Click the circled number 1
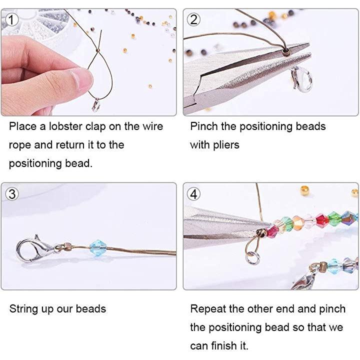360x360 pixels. pyautogui.click(x=11, y=19)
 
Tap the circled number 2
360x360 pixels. pyautogui.click(x=193, y=19)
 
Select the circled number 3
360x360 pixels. pyautogui.click(x=11, y=194)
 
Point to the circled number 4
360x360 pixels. pyautogui.click(x=193, y=194)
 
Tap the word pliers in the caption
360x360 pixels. pyautogui.click(x=226, y=145)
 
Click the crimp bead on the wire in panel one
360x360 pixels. pyautogui.click(x=98, y=50)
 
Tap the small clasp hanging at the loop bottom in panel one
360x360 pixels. pyautogui.click(x=96, y=105)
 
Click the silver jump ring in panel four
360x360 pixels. pyautogui.click(x=253, y=257)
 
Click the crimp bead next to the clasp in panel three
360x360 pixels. pyautogui.click(x=67, y=246)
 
